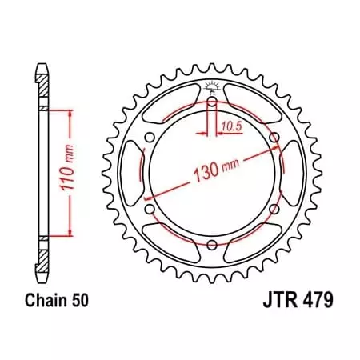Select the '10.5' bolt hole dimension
pos(230,126)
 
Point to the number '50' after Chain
pos(81,302)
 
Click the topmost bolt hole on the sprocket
pos(211,102)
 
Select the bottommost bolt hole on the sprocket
pos(211,245)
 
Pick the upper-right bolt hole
pos(274,138)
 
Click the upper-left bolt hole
pos(150,138)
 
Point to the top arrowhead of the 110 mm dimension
pos(72,114)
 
